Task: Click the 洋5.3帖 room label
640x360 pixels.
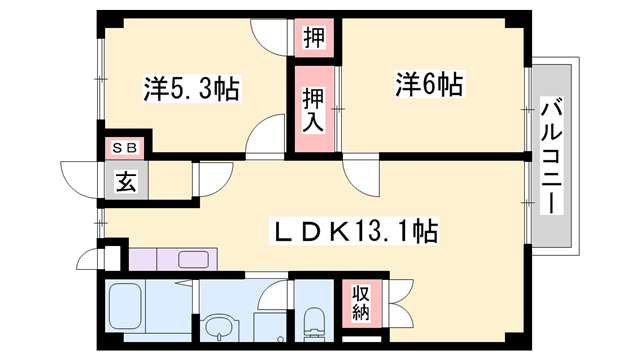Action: pos(191,90)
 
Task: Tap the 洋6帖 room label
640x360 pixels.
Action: pos(428,86)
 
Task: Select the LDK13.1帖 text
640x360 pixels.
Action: pos(355,232)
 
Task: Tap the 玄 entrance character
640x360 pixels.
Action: pos(125,182)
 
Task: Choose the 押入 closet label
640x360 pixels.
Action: pos(313,107)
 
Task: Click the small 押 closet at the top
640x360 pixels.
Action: pos(313,39)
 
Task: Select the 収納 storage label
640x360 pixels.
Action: pos(360,302)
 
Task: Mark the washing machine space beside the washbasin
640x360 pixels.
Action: pos(264,325)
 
